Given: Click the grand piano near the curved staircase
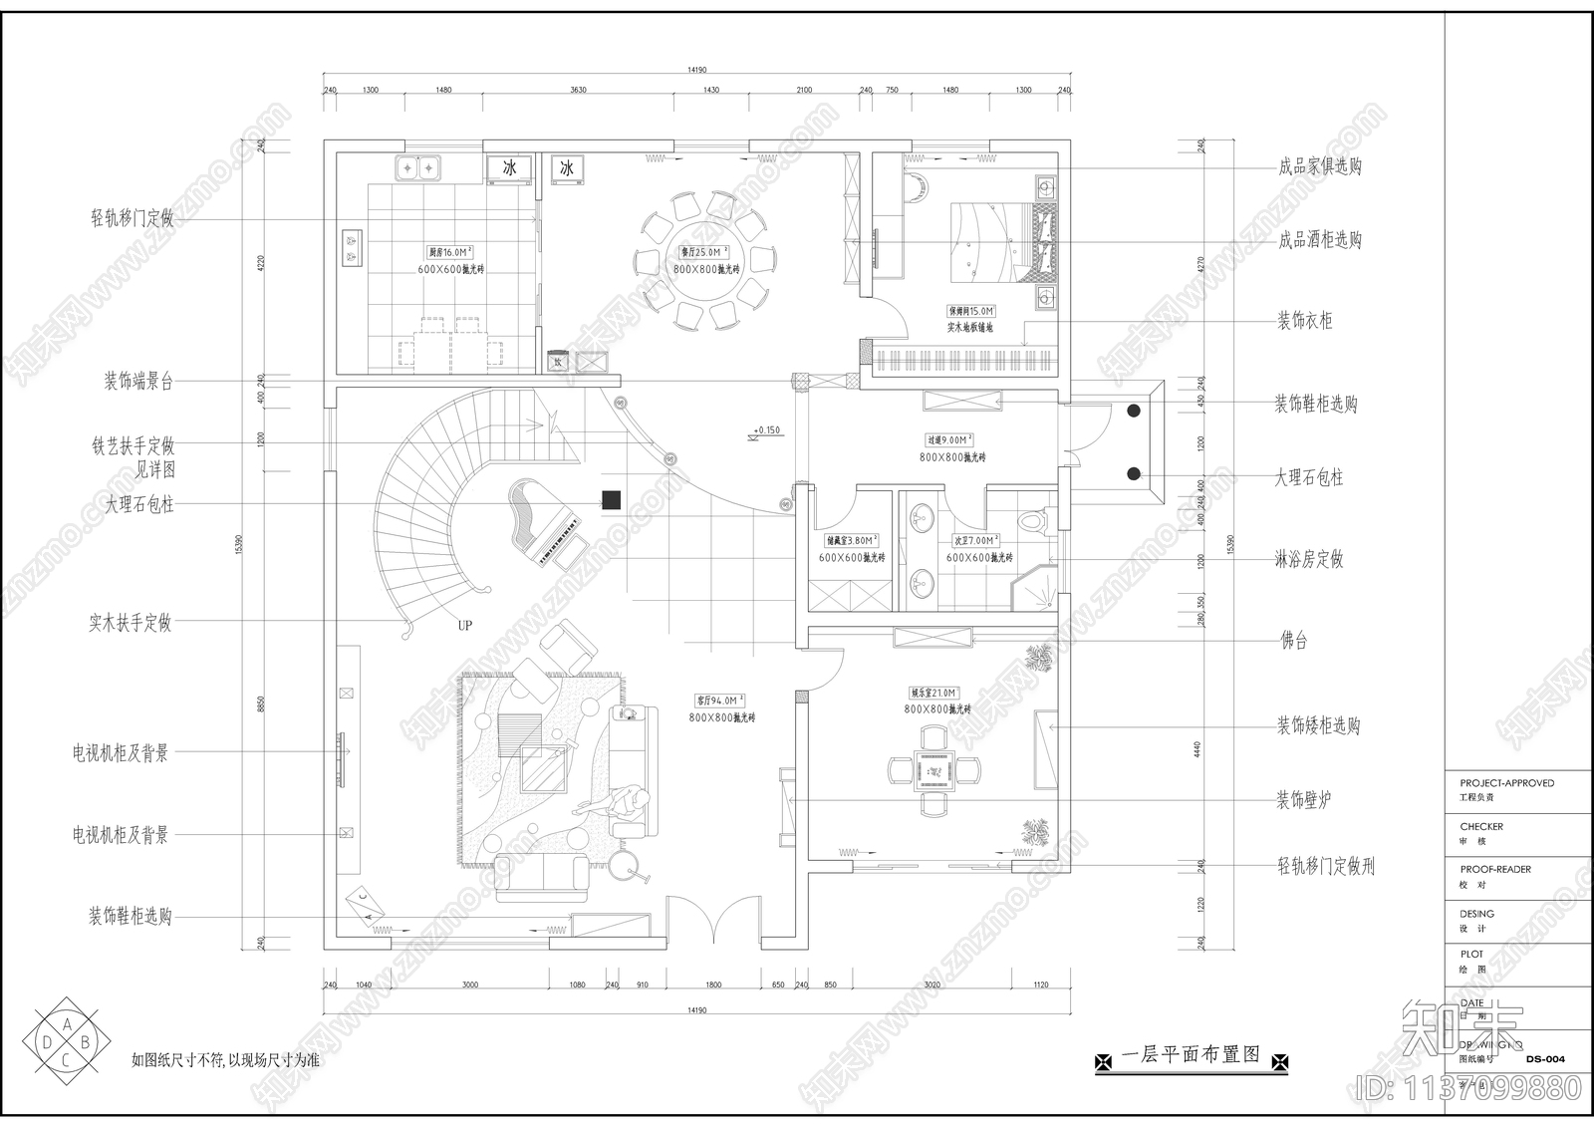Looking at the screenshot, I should click(543, 523).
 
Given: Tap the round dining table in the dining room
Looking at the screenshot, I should click(702, 261).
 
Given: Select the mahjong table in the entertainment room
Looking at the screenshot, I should click(934, 769).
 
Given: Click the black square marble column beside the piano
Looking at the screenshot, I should click(611, 500).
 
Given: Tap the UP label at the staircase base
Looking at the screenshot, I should click(464, 626).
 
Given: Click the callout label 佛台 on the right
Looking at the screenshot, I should click(1293, 642).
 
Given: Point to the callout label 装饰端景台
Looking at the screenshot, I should click(138, 382).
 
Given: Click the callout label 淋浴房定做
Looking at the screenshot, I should click(1309, 560).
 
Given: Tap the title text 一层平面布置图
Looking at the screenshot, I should click(1191, 1054).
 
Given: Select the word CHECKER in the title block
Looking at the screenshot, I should click(1481, 826).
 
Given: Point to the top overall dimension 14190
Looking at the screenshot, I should click(696, 70).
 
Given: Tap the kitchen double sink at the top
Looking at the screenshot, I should click(417, 168).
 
